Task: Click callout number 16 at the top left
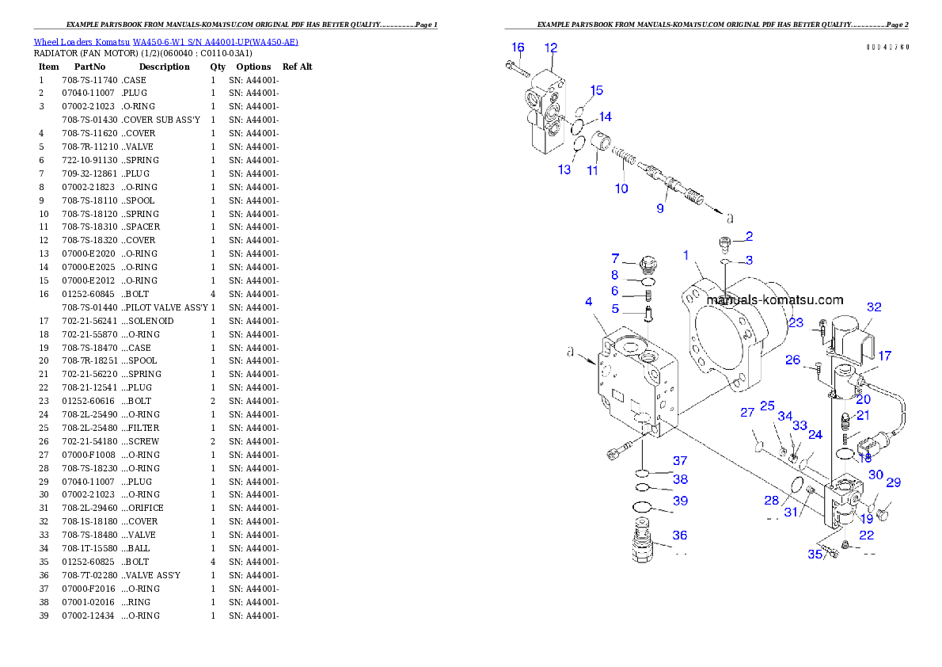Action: point(518,48)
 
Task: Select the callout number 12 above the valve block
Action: point(551,48)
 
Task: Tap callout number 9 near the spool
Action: point(659,208)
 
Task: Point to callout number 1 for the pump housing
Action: point(686,255)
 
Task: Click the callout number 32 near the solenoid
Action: point(873,307)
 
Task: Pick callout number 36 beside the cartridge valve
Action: point(679,536)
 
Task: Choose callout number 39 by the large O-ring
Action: point(680,501)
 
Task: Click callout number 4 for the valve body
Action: point(589,302)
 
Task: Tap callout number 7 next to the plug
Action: point(615,258)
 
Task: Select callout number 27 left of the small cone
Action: point(747,412)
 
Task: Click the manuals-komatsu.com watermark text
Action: point(775,300)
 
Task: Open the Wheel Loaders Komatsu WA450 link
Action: point(165,42)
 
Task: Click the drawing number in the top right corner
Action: point(887,48)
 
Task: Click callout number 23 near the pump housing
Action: point(796,322)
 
